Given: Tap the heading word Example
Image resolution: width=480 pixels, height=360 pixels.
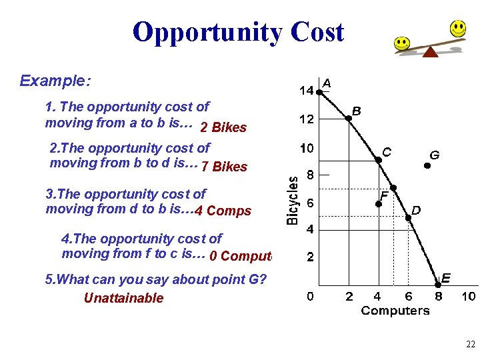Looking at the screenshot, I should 55,81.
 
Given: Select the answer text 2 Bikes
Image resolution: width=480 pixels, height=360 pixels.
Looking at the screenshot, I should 223,127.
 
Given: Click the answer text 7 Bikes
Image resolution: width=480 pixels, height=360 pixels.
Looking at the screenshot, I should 224,167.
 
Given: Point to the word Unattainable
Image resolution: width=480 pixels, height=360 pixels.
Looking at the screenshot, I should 123,298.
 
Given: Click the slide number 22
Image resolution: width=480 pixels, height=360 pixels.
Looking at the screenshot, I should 471,345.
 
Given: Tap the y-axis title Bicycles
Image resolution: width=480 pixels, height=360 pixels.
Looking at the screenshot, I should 293,200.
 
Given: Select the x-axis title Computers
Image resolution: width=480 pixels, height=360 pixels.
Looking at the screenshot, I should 395,311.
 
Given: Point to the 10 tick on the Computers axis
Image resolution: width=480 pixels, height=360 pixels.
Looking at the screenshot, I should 469,296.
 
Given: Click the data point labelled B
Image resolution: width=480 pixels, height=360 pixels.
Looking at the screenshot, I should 348,119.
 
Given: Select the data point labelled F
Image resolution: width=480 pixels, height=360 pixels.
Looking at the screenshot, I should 377,203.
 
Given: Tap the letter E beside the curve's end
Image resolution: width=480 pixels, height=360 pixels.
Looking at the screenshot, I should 446,277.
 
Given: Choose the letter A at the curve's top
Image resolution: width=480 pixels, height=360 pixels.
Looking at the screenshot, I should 327,83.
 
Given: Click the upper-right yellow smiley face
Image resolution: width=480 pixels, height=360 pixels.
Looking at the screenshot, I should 457,28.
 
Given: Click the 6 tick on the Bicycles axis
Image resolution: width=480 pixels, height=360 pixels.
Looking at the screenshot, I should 311,202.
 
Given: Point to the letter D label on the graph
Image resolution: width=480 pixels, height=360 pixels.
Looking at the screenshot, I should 416,210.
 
